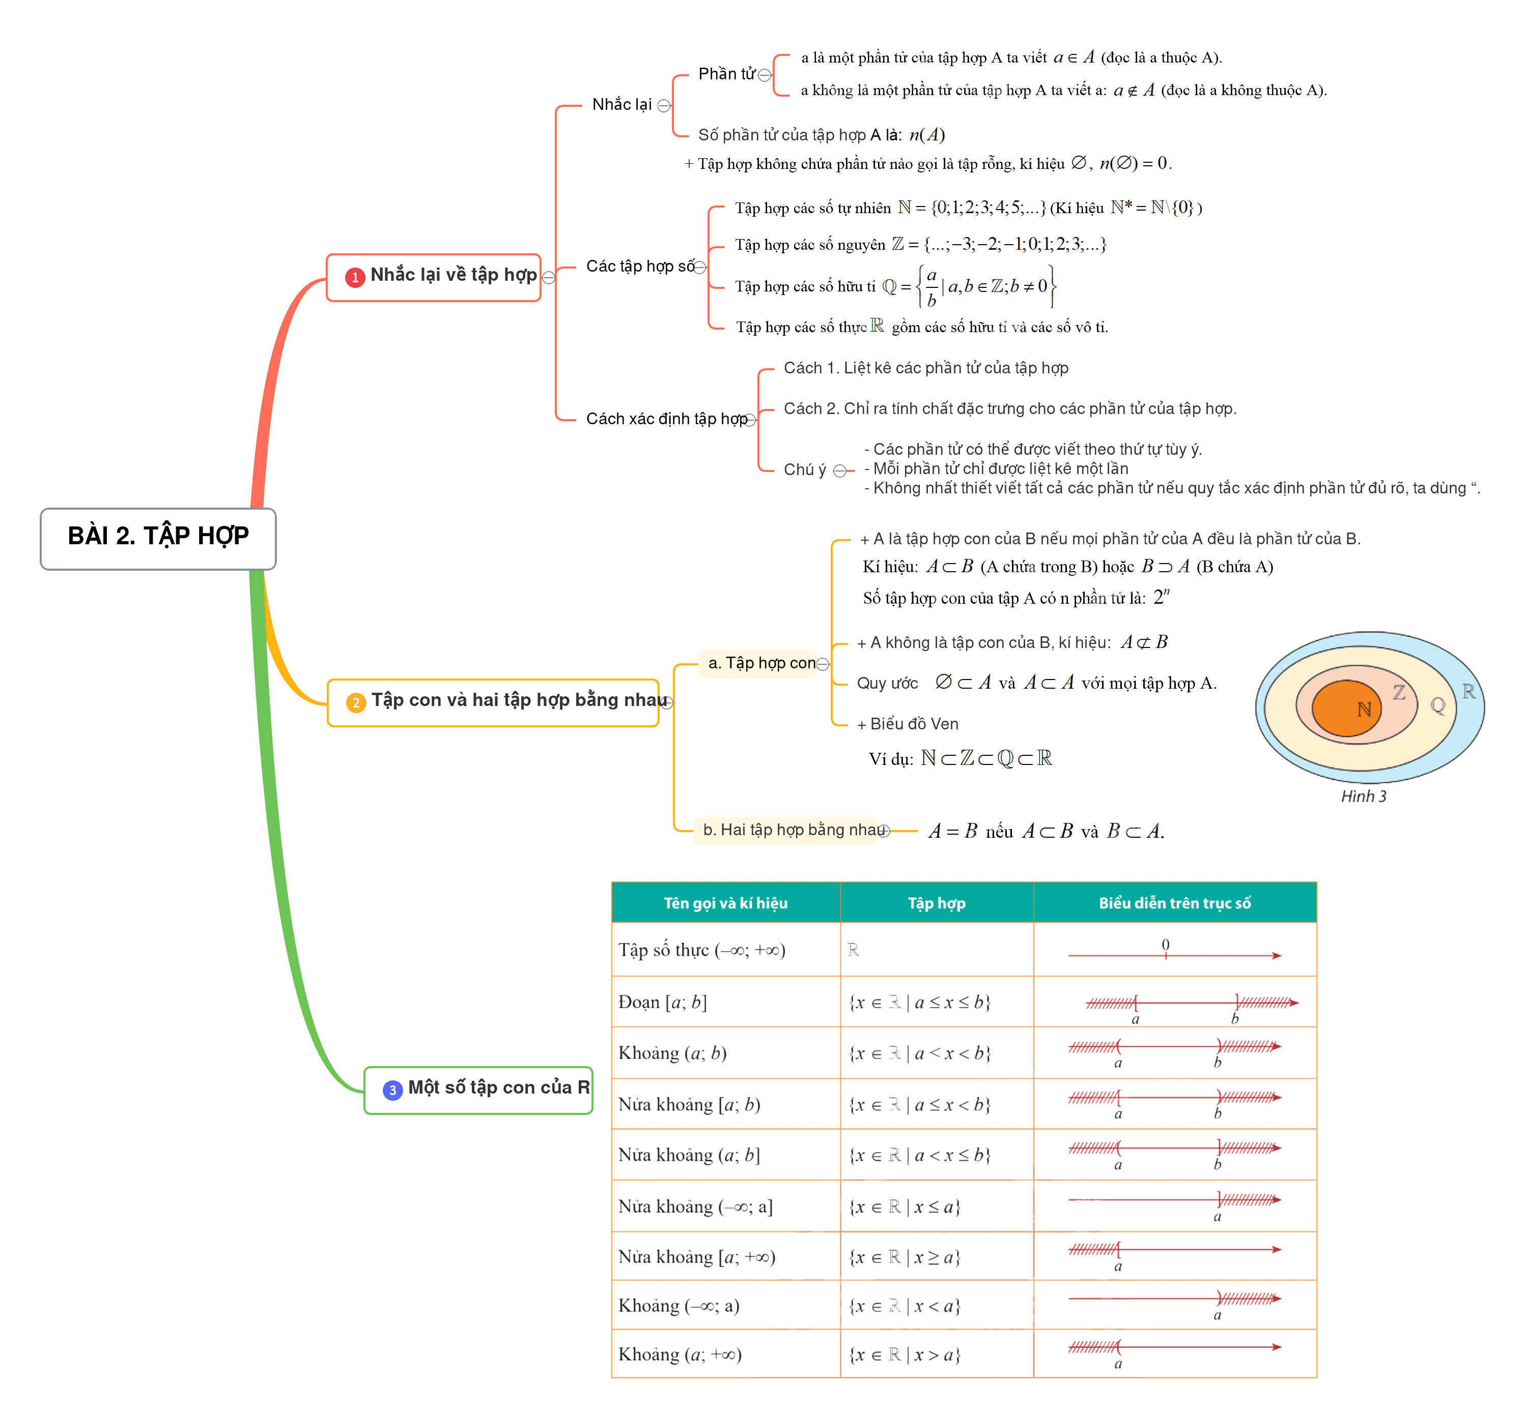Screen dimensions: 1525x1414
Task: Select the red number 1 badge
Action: pyautogui.click(x=354, y=278)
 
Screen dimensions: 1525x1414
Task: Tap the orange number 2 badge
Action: pyautogui.click(x=356, y=702)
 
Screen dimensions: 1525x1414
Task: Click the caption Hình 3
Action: pyautogui.click(x=1364, y=797)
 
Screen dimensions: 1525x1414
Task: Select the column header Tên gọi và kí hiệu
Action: pyautogui.click(x=725, y=903)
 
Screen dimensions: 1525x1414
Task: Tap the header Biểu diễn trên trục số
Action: pyautogui.click(x=1174, y=903)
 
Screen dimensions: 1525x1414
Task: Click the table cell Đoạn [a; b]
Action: pyautogui.click(x=663, y=1003)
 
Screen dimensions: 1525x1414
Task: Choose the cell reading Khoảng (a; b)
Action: pyautogui.click(x=672, y=1053)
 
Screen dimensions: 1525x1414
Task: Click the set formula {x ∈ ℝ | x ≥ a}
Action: pyautogui.click(x=904, y=1257)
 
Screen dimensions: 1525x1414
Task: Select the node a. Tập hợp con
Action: pyautogui.click(x=761, y=663)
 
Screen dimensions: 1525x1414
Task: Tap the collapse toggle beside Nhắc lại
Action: pyautogui.click(x=664, y=106)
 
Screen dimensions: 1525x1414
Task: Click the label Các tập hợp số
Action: pyautogui.click(x=640, y=267)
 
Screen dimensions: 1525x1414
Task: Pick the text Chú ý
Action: pyautogui.click(x=805, y=470)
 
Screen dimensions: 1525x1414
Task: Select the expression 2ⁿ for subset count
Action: pyautogui.click(x=1162, y=597)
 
